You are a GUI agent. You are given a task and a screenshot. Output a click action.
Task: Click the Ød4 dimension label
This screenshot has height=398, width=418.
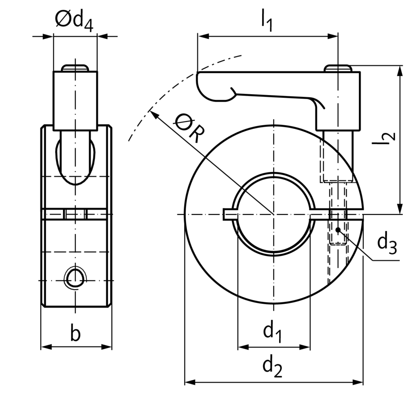click(x=74, y=20)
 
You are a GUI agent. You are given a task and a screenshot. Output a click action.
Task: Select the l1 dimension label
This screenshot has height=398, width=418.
click(x=267, y=19)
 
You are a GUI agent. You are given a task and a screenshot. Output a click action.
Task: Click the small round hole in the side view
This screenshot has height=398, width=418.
click(x=76, y=278)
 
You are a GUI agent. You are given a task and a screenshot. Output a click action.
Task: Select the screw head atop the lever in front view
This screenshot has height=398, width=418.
click(x=338, y=68)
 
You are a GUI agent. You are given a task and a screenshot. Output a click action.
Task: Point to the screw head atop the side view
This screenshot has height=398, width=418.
click(x=75, y=68)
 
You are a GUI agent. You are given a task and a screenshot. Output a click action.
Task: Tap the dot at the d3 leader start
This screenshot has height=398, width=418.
click(x=338, y=230)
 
